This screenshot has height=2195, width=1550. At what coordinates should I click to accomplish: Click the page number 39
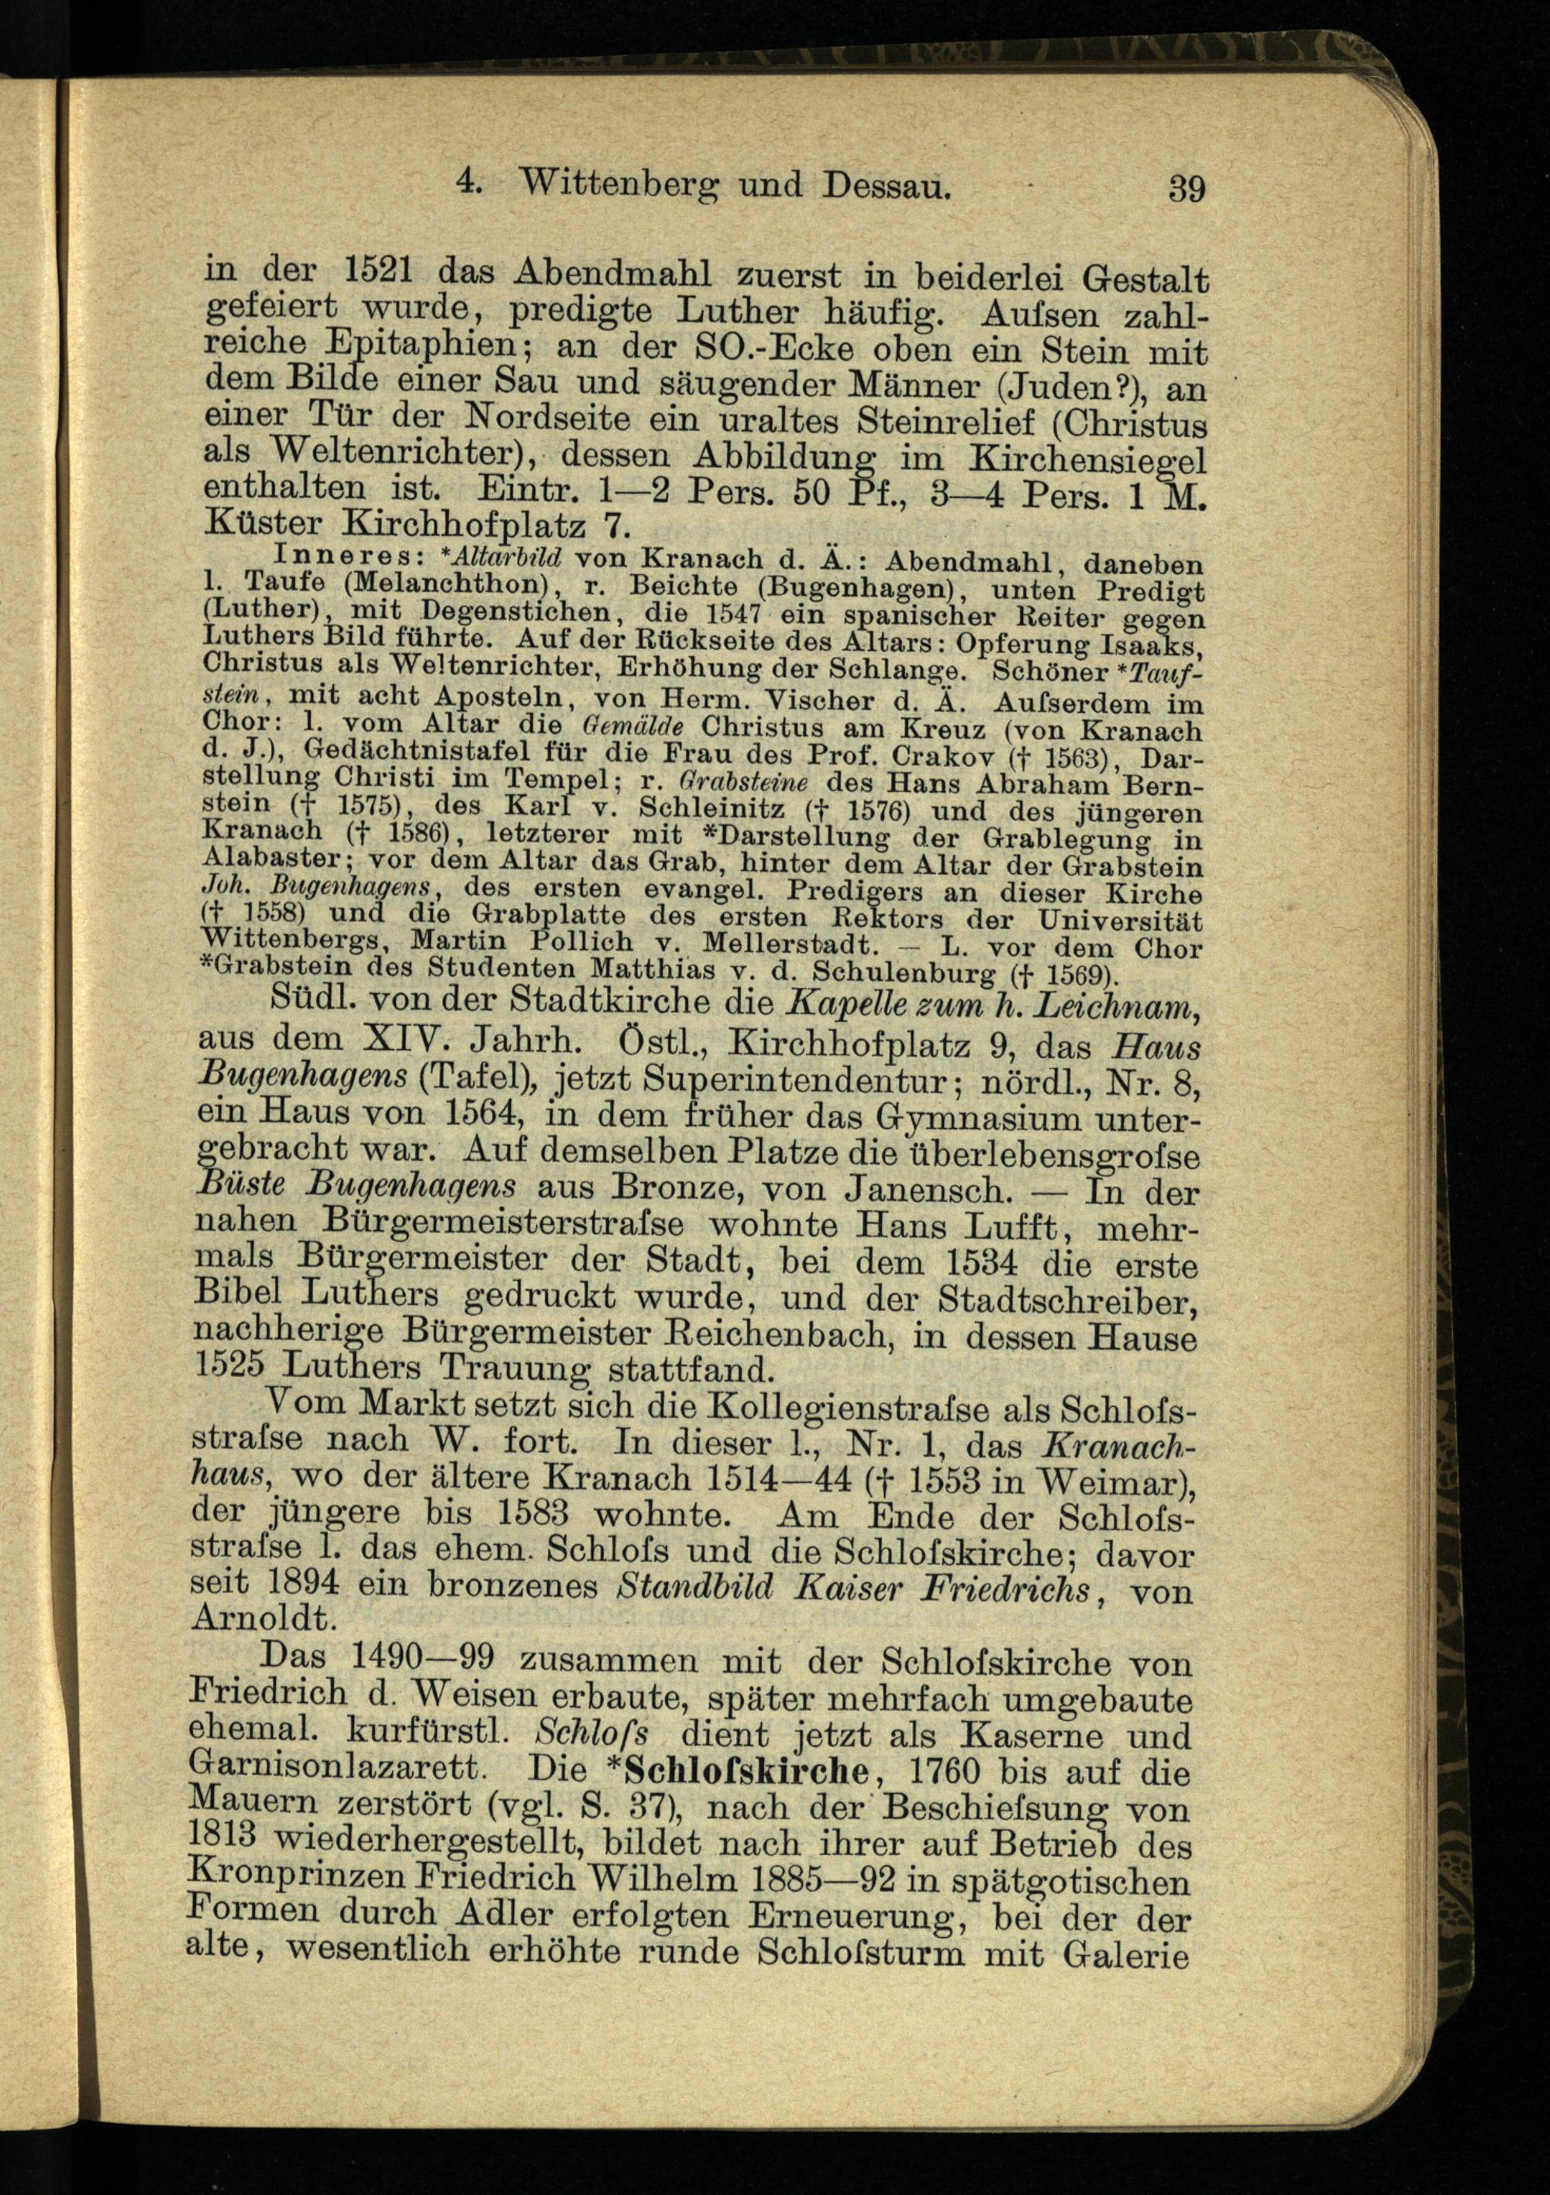[1186, 188]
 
